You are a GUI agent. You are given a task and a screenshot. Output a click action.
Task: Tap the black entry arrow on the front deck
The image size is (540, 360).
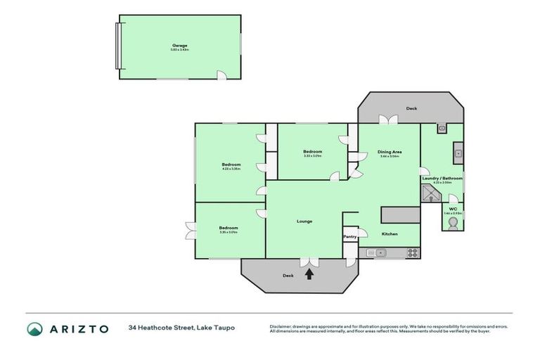[x=309, y=275]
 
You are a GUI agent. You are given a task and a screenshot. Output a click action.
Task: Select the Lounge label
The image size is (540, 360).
[x=304, y=221]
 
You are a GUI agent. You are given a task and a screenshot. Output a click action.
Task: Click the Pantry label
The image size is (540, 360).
[x=349, y=237]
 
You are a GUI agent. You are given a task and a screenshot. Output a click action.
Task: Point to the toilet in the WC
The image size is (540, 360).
[x=453, y=223]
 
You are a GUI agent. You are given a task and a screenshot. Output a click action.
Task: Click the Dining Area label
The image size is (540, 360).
[x=389, y=152]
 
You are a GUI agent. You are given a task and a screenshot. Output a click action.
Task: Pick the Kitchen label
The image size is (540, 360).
[x=390, y=233]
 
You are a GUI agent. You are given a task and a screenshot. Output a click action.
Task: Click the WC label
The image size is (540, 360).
[x=453, y=207]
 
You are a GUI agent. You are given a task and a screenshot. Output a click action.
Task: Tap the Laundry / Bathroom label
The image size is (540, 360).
[x=442, y=178]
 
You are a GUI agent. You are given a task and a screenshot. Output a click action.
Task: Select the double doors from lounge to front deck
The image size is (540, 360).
[x=308, y=262]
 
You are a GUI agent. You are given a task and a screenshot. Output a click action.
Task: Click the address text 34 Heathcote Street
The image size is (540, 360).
[x=181, y=328]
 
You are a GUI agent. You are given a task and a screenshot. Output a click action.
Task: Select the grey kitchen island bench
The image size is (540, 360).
[x=400, y=214]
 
